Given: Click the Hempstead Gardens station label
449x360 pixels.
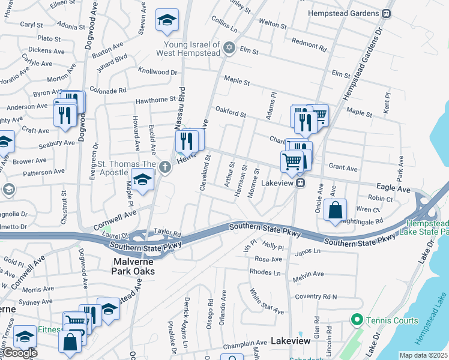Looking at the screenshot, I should [x=343, y=13].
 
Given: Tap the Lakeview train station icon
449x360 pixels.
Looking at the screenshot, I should [x=301, y=183].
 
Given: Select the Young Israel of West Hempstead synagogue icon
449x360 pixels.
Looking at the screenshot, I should [x=229, y=47].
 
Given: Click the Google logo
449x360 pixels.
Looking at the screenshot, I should [x=19, y=353].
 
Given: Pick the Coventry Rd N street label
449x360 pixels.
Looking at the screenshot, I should [x=316, y=296].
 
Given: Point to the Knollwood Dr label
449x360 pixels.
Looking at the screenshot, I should [x=157, y=72].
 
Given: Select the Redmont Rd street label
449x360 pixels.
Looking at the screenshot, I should [x=309, y=44].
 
